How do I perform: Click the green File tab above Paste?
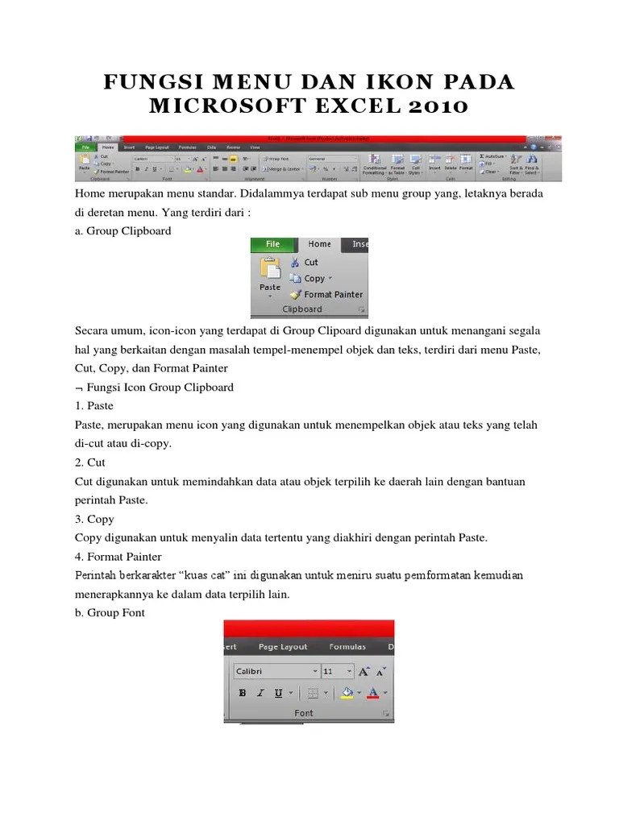(272, 244)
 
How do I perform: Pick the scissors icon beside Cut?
(295, 262)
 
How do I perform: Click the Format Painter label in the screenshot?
(333, 295)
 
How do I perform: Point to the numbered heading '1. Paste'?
(94, 405)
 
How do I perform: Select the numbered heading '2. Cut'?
(89, 462)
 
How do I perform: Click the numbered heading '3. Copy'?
(94, 519)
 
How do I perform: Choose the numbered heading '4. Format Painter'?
(118, 557)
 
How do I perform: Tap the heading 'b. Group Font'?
(110, 611)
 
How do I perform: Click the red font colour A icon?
(372, 692)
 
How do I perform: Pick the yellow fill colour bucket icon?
(347, 692)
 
